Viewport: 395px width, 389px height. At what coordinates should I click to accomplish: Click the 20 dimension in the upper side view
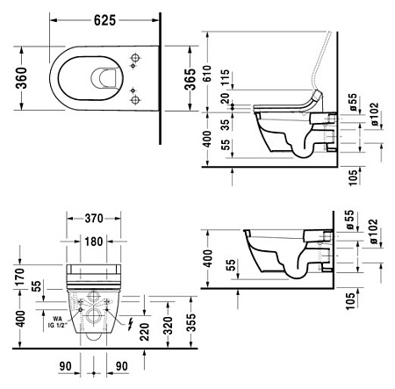pos(227,98)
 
